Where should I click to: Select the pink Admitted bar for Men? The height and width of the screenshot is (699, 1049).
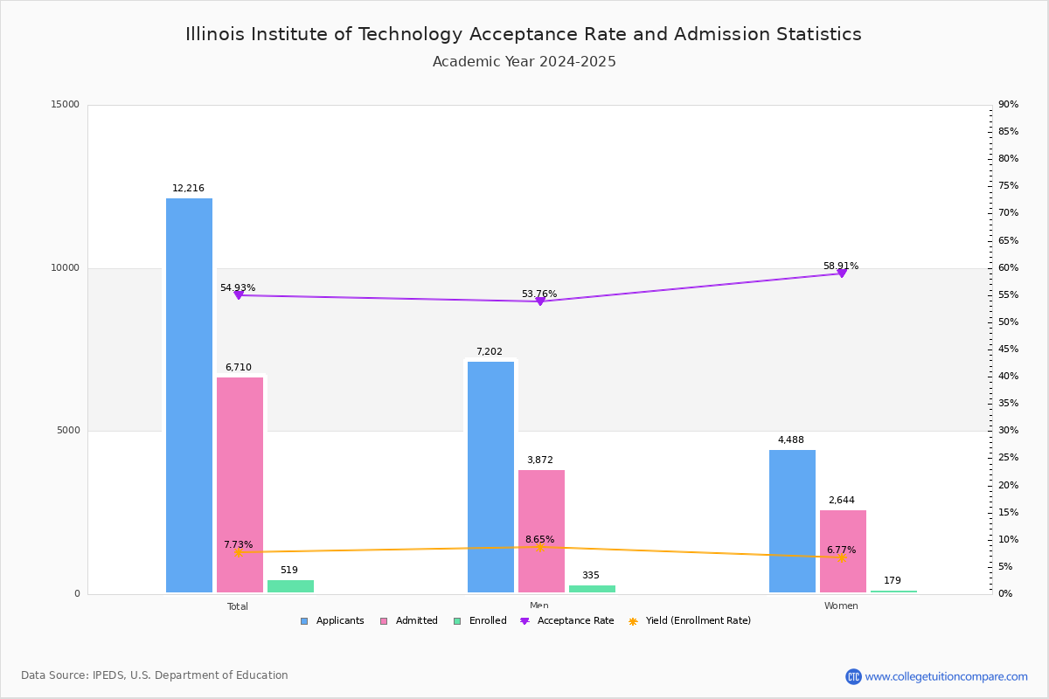point(541,531)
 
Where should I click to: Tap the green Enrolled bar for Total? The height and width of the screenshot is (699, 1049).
point(290,586)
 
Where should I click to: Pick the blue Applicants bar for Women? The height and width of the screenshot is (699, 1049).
point(792,522)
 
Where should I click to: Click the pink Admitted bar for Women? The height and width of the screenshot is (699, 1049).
point(843,551)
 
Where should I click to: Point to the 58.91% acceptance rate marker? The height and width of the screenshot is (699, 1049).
point(842,273)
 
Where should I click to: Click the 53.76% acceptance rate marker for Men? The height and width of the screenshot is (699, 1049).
point(540,301)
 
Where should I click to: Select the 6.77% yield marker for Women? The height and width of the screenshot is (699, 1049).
point(842,557)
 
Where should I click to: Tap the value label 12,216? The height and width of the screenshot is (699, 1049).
point(188,189)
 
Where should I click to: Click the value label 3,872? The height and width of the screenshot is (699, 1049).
point(539,460)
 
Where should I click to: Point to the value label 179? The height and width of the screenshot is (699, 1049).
point(892,581)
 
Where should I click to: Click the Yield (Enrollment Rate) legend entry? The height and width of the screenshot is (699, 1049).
point(698,621)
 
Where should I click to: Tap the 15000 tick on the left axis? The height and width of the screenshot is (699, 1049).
point(65,105)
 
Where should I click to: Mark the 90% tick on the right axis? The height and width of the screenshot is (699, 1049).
point(1008,105)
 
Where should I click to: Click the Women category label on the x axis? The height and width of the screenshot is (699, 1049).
point(841,606)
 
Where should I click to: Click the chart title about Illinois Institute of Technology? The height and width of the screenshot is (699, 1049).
point(524,34)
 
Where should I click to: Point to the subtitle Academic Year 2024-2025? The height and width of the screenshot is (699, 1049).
point(524,62)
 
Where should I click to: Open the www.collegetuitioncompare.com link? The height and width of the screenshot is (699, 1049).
point(946,676)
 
